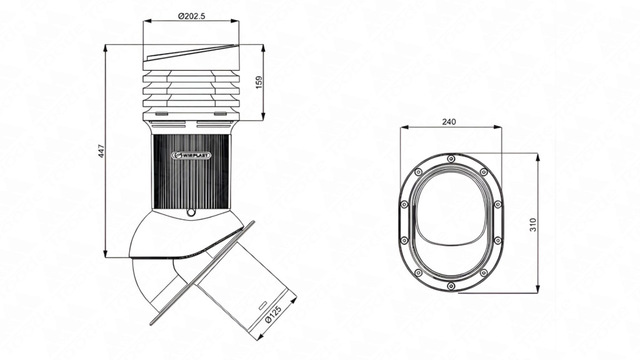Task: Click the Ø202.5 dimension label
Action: point(191,16)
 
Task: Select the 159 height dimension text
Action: point(259,82)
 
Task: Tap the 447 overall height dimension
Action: point(101,151)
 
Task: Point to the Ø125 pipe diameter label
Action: point(274,314)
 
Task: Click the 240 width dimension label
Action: point(449,122)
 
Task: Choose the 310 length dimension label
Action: point(533,225)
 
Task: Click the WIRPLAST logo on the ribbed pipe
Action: point(191,155)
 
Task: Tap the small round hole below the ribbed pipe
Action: point(190,212)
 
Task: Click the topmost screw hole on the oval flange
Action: point(451,159)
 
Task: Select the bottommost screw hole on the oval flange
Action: point(451,286)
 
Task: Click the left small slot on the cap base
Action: point(161,114)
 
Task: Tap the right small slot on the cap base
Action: point(221,114)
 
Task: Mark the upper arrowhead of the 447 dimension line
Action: point(105,47)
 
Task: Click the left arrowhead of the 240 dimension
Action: point(404,127)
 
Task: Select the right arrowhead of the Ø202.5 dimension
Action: point(236,21)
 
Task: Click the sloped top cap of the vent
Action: point(191,57)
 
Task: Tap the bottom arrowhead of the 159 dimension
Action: point(263,117)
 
